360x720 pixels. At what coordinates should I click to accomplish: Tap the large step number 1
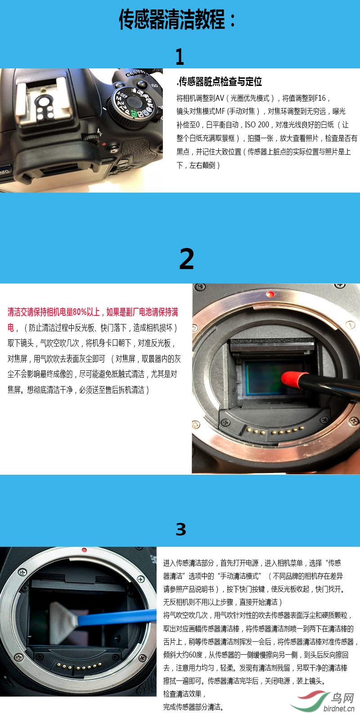180,57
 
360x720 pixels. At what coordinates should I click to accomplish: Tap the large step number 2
186,259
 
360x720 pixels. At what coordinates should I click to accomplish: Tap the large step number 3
180,529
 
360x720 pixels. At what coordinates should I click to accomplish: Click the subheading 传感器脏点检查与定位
219,81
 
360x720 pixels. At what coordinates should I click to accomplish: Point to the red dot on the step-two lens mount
270,294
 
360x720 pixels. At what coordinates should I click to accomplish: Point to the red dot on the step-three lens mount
84,550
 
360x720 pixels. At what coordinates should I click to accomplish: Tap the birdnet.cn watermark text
339,708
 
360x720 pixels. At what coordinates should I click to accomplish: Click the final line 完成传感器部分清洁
193,707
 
